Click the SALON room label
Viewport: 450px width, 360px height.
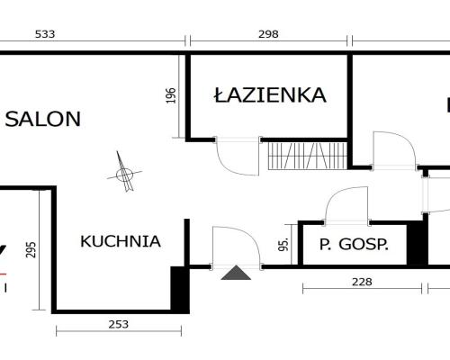[x=43, y=118]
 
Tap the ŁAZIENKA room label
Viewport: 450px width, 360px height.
[x=269, y=95]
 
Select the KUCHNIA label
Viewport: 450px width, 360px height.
[x=121, y=241]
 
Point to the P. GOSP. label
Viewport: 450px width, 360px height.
[x=354, y=245]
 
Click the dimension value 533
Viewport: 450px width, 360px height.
[x=45, y=34]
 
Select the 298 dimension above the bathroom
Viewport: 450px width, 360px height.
[x=268, y=34]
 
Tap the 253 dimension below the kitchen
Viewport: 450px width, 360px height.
[x=119, y=324]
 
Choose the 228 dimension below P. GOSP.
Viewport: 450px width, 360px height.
[x=361, y=281]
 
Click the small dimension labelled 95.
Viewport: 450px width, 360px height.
[x=283, y=244]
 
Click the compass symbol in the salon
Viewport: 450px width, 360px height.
[x=124, y=171]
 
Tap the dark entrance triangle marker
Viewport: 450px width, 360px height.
[x=236, y=273]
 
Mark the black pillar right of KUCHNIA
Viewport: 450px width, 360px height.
[x=180, y=289]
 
